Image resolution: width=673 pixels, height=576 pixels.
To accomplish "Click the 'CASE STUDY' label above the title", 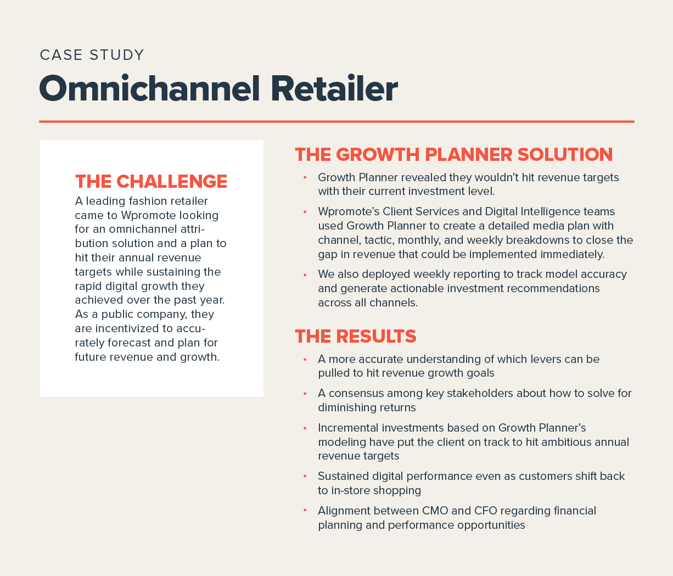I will [x=92, y=55].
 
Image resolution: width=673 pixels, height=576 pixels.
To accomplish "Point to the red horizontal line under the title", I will [x=336, y=121].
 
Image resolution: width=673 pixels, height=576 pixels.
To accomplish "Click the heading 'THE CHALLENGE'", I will [x=151, y=181].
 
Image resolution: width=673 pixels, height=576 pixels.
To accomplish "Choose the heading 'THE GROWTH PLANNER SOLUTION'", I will [x=453, y=154].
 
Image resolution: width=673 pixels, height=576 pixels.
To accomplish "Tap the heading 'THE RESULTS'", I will [x=355, y=336].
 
